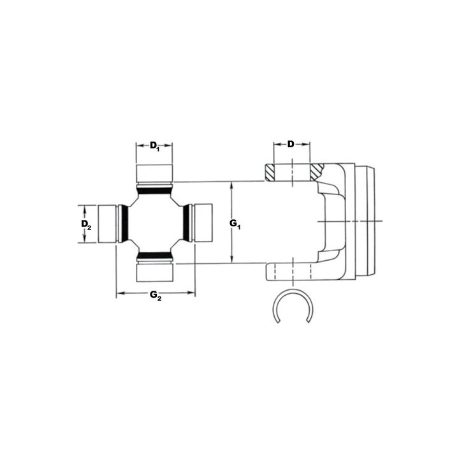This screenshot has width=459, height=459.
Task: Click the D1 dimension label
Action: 154,145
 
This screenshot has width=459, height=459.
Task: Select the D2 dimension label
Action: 86,224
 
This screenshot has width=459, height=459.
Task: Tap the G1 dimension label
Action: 235,224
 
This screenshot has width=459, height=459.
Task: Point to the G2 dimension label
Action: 156,295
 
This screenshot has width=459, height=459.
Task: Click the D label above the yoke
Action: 291,144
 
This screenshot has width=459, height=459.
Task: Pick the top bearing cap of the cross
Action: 154,173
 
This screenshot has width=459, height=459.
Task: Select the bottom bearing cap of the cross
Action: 154,273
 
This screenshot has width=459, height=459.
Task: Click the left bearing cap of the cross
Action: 107,224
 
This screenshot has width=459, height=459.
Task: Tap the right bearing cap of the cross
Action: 203,223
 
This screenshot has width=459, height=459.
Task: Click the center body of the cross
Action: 155,223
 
